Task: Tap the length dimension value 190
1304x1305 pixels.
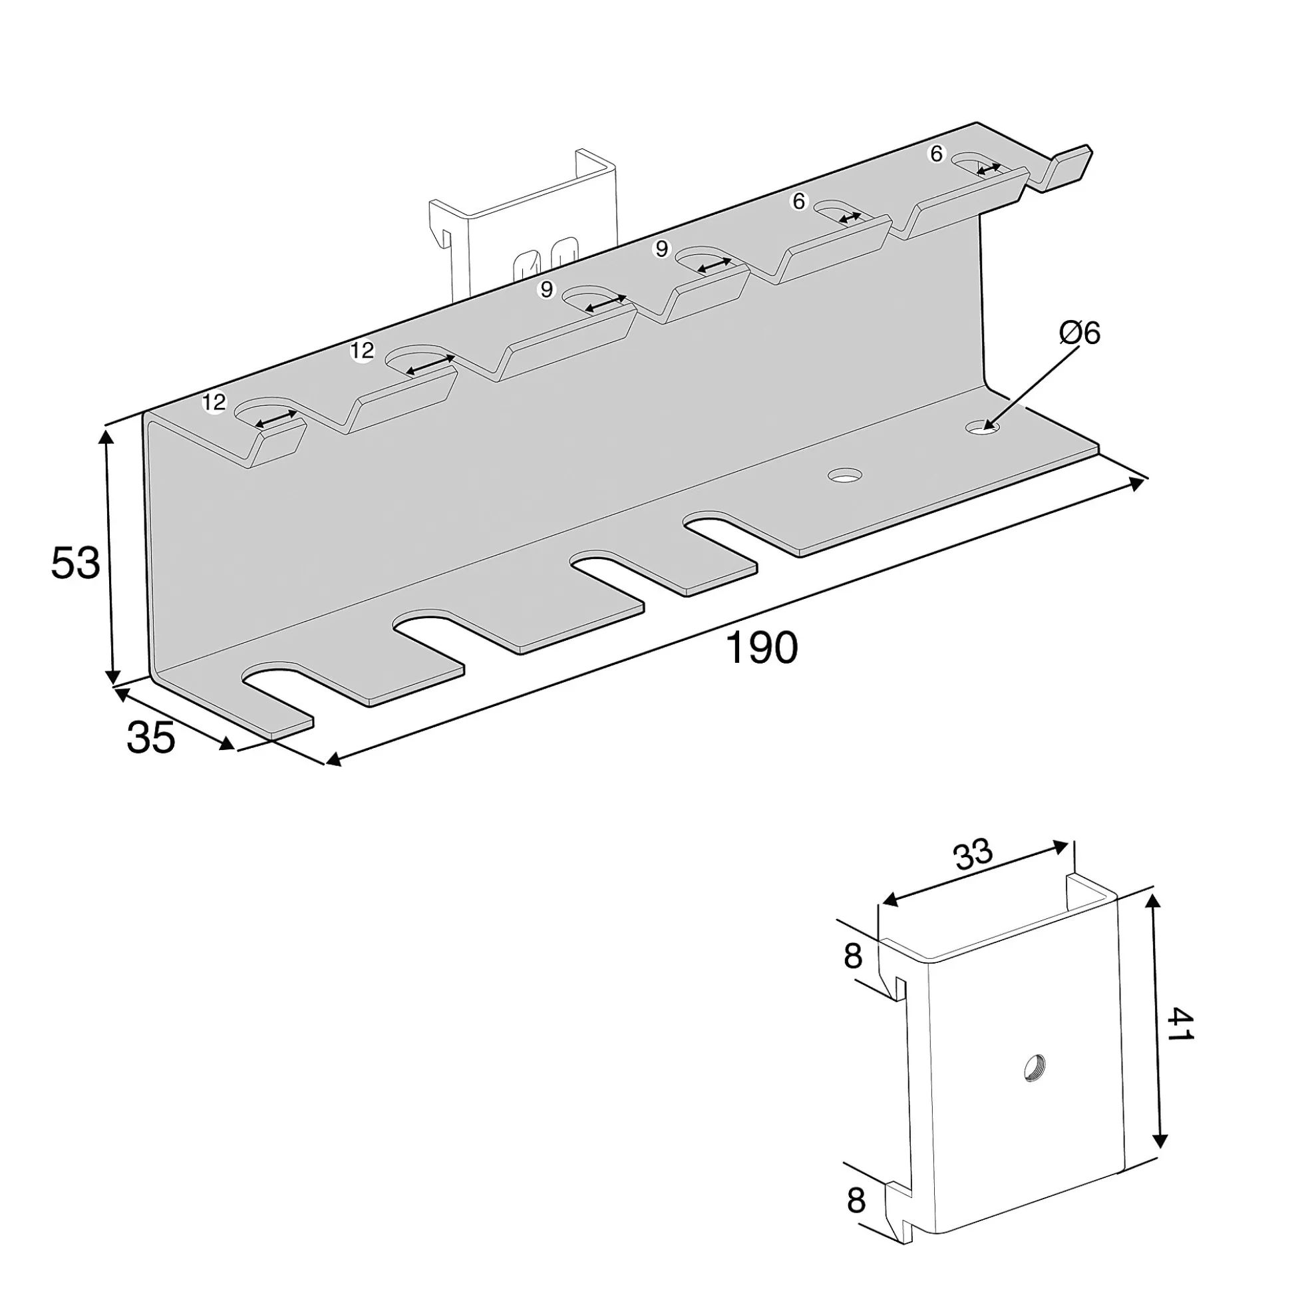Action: [x=761, y=648]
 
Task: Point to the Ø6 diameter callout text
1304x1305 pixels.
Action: [x=1080, y=333]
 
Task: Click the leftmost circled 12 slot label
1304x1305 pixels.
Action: [x=214, y=403]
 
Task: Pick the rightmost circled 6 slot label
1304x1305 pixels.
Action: [x=936, y=154]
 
